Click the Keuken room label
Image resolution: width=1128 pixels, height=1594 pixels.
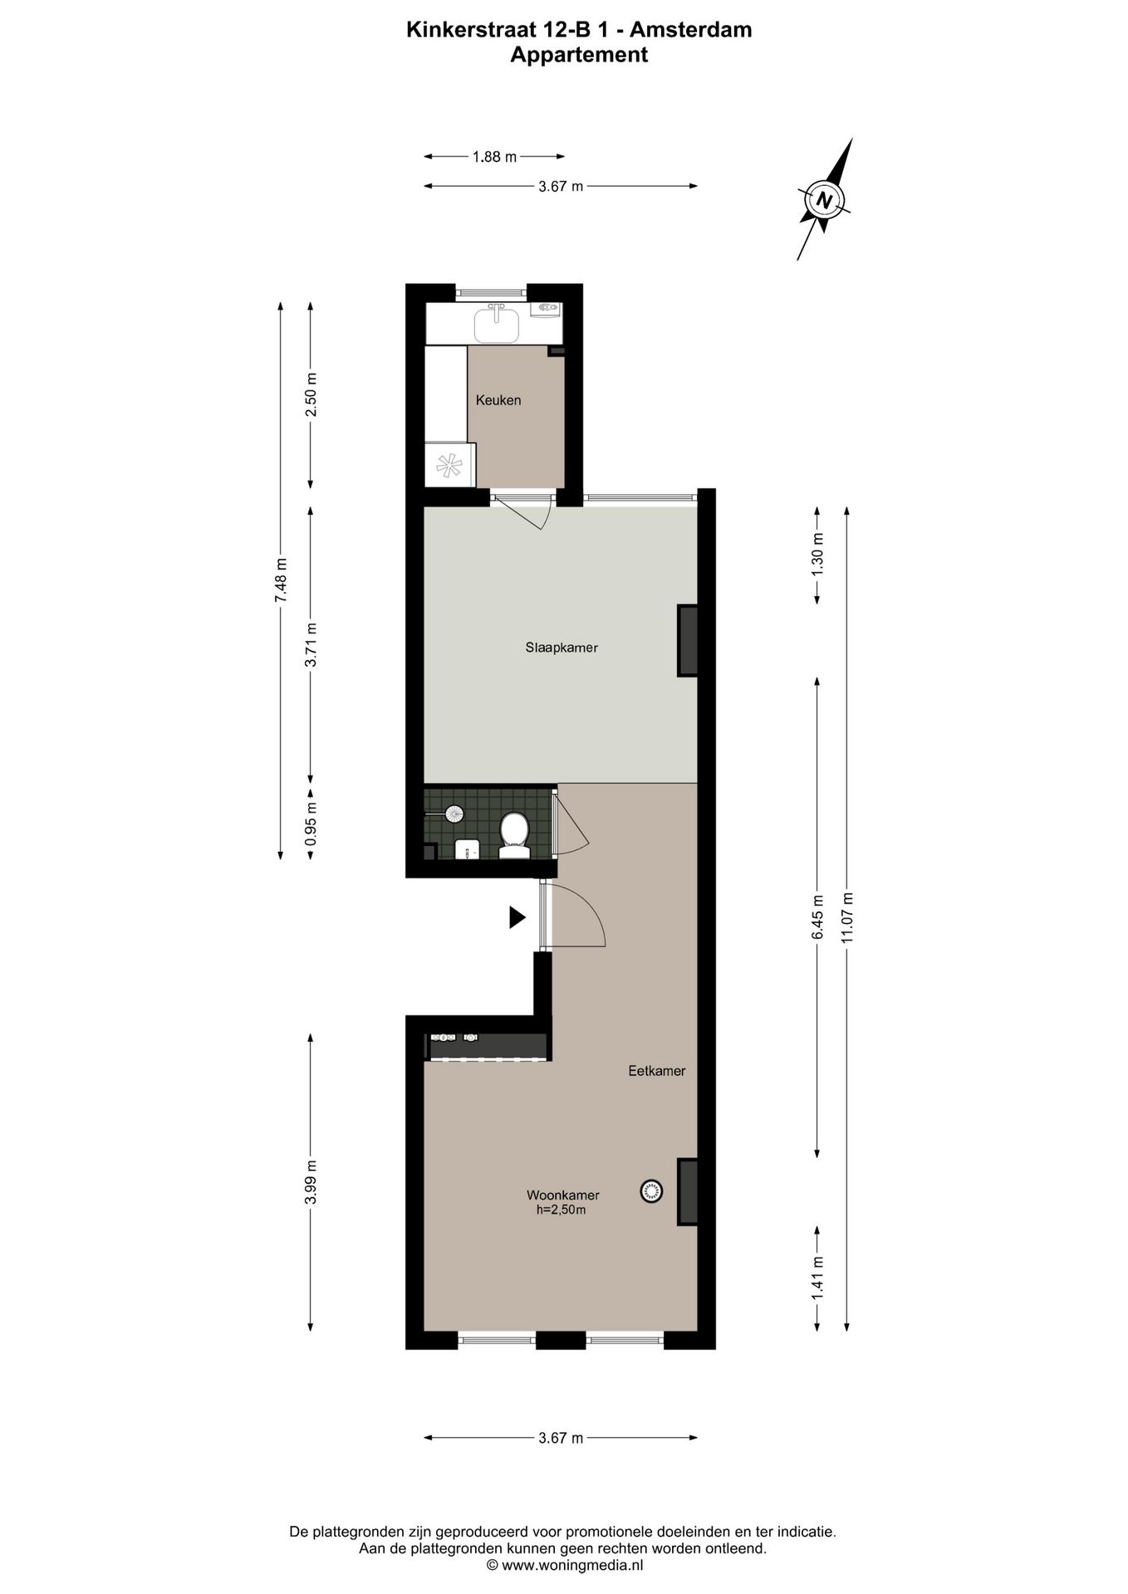(498, 400)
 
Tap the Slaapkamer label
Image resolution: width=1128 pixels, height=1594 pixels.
(561, 648)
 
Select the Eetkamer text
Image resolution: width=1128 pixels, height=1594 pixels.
(656, 1071)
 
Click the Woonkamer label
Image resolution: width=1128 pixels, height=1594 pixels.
(562, 1195)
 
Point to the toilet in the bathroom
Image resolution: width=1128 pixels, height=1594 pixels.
(514, 834)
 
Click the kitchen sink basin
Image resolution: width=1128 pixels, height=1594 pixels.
(496, 325)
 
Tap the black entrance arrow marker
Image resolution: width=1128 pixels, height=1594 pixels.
(517, 917)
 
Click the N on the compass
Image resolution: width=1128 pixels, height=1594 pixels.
(824, 200)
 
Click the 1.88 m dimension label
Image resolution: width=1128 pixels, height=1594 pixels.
(494, 156)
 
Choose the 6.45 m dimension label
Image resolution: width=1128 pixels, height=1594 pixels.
(817, 917)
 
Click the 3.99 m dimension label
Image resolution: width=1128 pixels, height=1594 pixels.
(311, 1182)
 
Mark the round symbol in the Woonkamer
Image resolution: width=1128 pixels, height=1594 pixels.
(652, 1191)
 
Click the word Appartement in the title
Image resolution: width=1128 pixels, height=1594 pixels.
(578, 55)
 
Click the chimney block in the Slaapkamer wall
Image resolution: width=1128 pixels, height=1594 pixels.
(687, 641)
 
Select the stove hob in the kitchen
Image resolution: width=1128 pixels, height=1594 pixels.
(449, 465)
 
